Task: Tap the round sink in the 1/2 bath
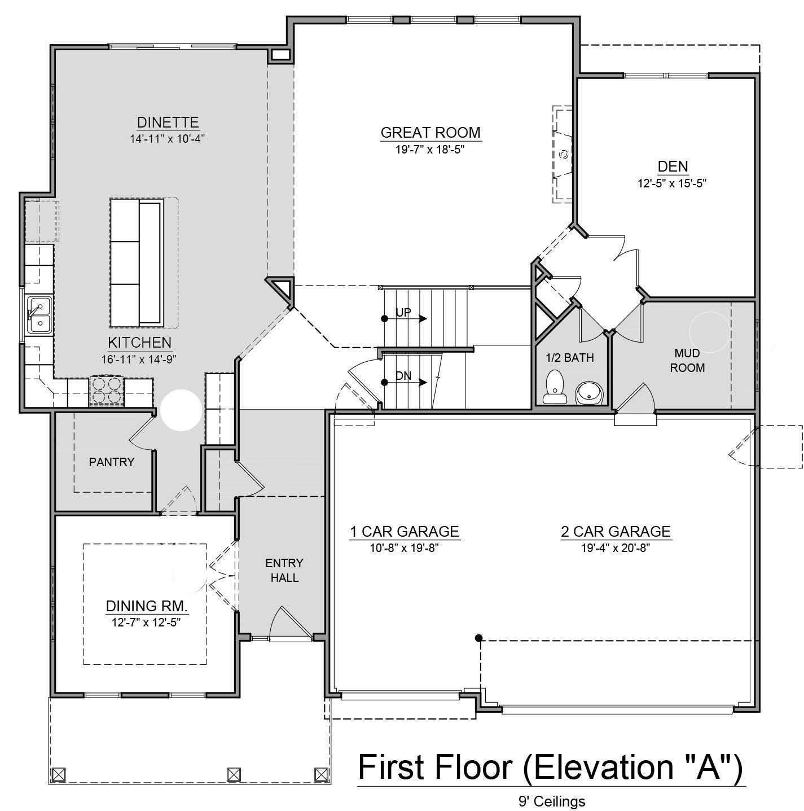[x=588, y=393]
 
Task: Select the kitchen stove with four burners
[x=107, y=391]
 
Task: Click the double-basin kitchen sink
[x=39, y=315]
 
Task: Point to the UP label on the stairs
[x=403, y=313]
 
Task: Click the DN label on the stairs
[x=403, y=376]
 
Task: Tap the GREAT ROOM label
[x=430, y=133]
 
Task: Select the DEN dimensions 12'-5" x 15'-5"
[x=671, y=183]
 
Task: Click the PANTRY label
[x=112, y=462]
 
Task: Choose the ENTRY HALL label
[x=284, y=570]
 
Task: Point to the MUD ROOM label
[x=687, y=360]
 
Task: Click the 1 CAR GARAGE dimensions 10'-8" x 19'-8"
[x=404, y=548]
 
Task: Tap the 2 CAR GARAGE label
[x=616, y=532]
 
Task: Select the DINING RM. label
[x=147, y=606]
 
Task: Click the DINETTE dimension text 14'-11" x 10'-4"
[x=167, y=139]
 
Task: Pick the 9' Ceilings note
[x=551, y=801]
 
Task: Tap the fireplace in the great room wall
[x=563, y=155]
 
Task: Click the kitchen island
[x=137, y=262]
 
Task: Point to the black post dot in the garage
[x=478, y=638]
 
